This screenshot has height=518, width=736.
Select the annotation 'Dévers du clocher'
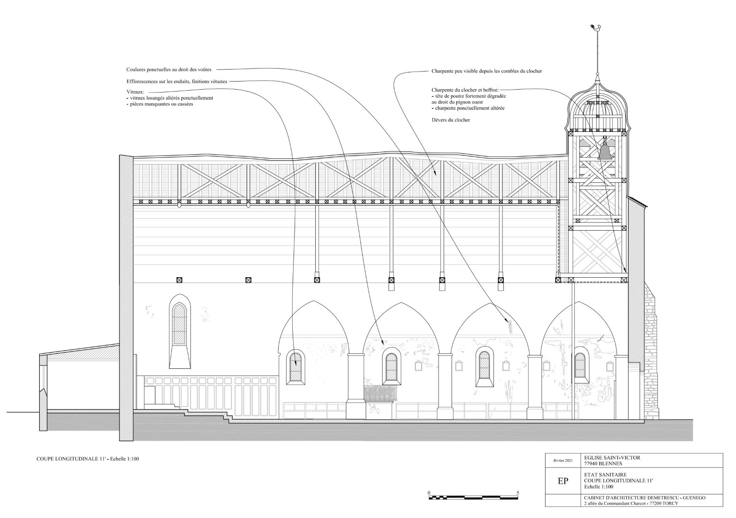coord(451,120)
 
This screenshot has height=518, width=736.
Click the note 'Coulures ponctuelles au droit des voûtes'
coord(169,70)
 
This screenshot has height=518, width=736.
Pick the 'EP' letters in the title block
coord(563,481)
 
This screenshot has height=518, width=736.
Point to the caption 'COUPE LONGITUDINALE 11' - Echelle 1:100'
coord(88,459)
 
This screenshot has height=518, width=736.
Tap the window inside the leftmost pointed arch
coord(296,367)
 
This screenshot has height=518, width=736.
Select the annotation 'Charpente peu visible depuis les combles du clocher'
coord(487,71)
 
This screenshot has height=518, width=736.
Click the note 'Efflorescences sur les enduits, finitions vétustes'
coord(177,82)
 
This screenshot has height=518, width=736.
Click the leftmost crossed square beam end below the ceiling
coord(179,280)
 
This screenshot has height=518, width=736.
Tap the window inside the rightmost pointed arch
coord(580,365)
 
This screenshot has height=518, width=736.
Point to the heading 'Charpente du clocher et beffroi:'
coord(465,90)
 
